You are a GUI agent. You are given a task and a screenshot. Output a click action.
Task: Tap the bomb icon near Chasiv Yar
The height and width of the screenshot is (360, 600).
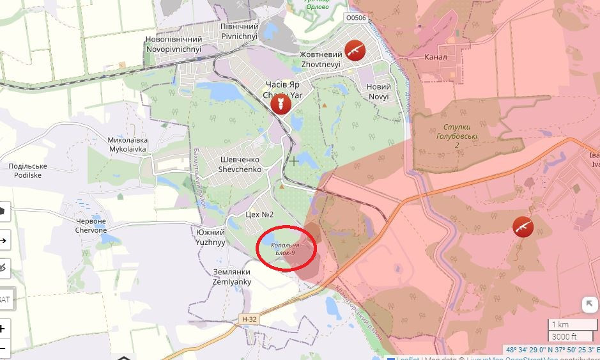(279, 104)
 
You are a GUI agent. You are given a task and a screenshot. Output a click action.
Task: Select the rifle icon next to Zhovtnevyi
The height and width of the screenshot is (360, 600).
(355, 50)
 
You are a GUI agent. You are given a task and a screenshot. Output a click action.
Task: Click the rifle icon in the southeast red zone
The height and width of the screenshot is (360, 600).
(523, 226)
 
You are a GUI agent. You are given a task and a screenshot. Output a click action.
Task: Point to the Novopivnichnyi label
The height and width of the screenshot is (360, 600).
(173, 44)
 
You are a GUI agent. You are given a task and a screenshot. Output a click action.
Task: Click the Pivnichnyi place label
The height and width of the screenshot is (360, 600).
(239, 31)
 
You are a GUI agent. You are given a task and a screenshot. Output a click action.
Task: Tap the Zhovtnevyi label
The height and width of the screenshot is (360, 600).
(321, 59)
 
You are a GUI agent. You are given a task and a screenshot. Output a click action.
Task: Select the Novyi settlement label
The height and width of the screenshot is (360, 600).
(379, 91)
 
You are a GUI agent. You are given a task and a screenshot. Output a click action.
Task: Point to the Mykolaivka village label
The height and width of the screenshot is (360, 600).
(127, 145)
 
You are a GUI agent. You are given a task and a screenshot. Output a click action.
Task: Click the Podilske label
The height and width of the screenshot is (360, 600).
(27, 171)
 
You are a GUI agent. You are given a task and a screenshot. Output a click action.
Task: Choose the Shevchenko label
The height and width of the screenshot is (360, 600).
(240, 165)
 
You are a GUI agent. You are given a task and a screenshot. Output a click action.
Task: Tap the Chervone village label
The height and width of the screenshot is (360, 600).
(91, 225)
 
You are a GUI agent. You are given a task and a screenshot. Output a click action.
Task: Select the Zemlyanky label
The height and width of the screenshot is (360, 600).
(232, 277)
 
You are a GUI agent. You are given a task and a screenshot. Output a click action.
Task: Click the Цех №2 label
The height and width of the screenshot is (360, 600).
(259, 214)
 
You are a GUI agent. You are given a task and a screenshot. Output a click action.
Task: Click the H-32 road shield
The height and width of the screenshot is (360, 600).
(249, 318)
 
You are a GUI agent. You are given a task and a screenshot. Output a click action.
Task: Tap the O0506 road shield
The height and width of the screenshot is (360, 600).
(355, 18)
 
